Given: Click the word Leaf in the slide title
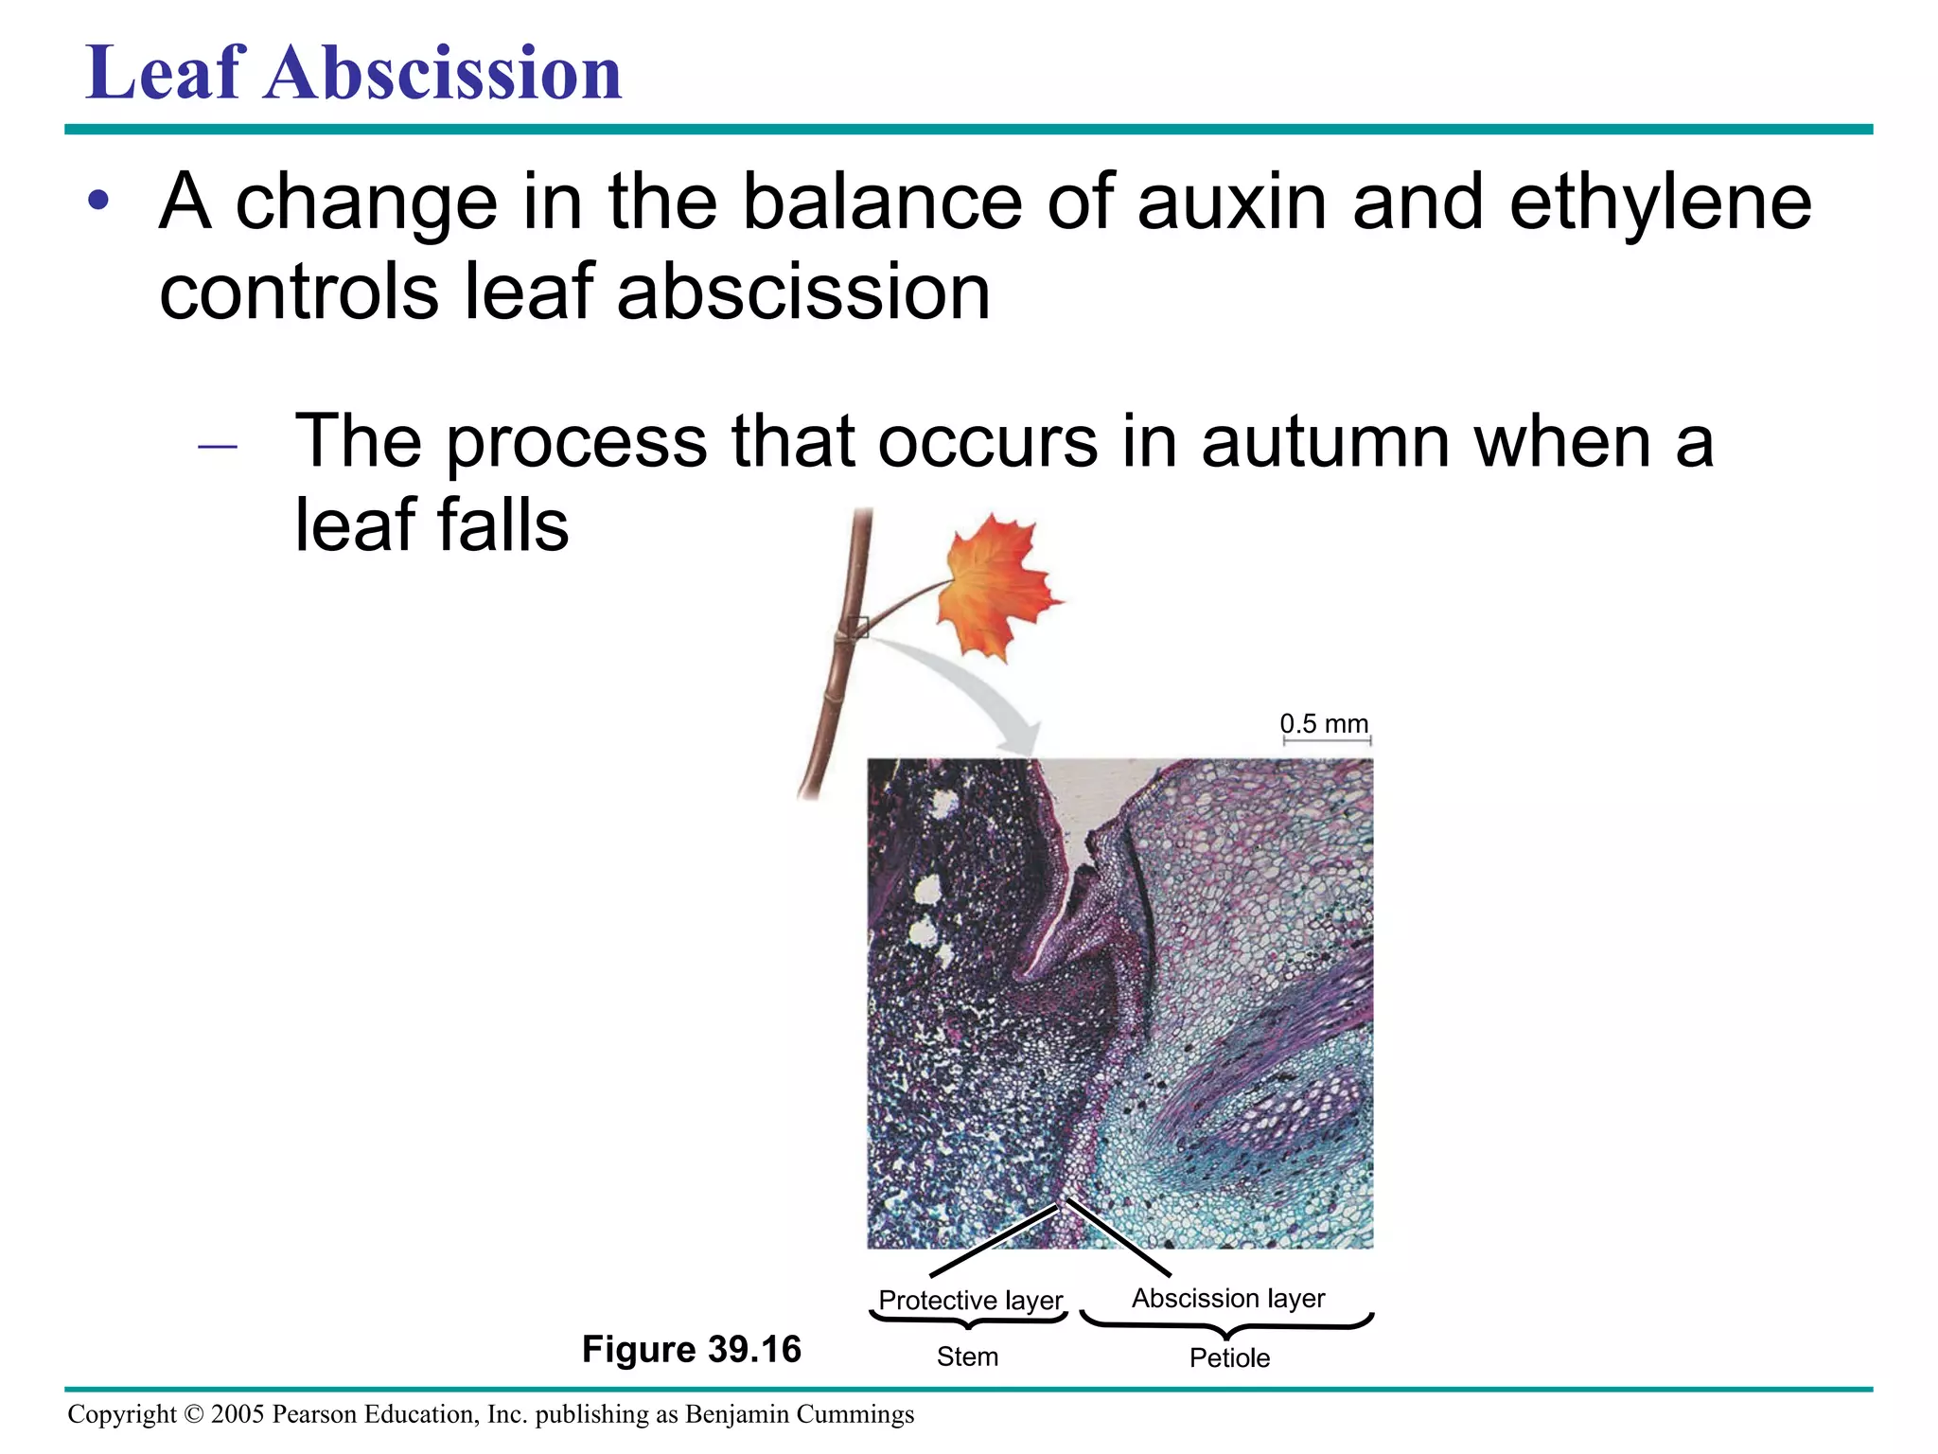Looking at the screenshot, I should click(x=166, y=74).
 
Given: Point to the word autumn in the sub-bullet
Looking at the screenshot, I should click(x=1325, y=441).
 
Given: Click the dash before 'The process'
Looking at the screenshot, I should click(x=218, y=445).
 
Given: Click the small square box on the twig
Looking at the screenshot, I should click(x=858, y=627).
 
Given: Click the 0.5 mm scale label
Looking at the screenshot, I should click(x=1324, y=724).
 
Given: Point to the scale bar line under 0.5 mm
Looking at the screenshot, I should click(x=1327, y=740).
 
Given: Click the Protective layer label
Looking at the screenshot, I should click(x=970, y=1300).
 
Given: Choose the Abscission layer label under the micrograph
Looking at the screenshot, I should click(x=1228, y=1298).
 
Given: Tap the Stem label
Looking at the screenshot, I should click(x=967, y=1356).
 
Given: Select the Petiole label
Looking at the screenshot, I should click(x=1229, y=1357).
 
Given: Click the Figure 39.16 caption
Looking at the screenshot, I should click(x=691, y=1349).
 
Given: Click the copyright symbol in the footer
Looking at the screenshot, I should click(x=193, y=1414).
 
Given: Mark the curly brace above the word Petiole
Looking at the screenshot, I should click(x=1227, y=1326).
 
